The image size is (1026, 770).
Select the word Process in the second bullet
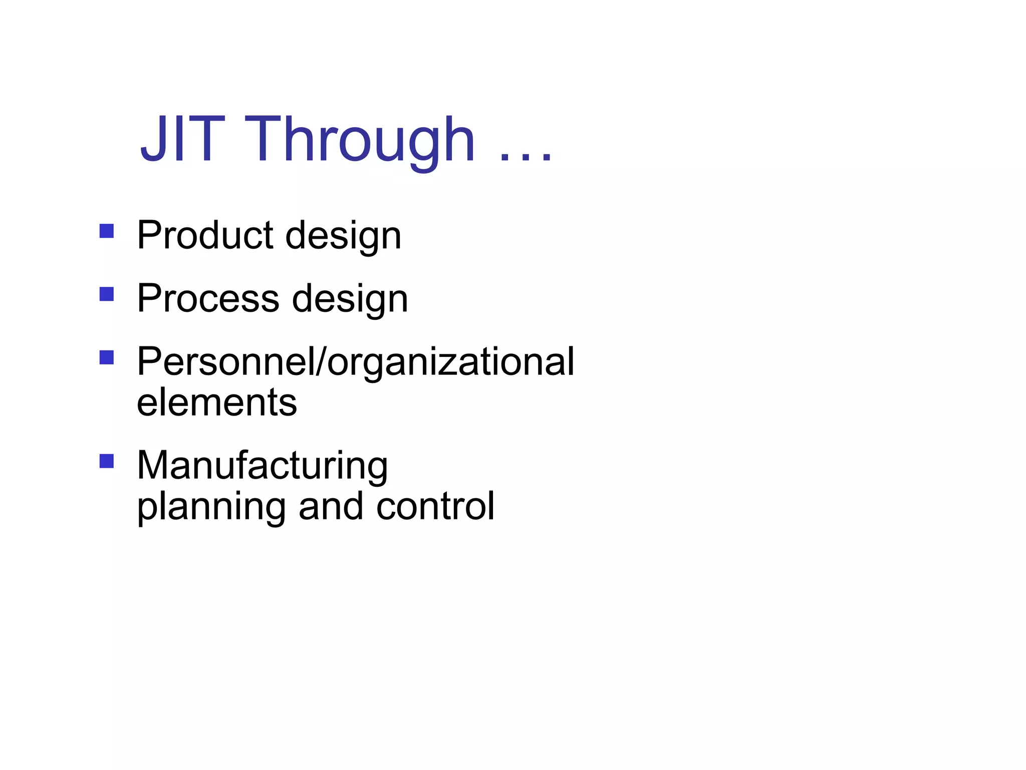tap(208, 298)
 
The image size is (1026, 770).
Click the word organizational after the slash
tap(451, 363)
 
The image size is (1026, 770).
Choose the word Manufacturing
tap(263, 466)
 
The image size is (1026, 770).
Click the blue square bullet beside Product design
tap(107, 231)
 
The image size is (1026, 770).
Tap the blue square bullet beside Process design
tap(107, 294)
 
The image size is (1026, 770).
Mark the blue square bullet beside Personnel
tap(107, 357)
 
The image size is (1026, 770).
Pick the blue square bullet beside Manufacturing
tap(107, 461)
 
